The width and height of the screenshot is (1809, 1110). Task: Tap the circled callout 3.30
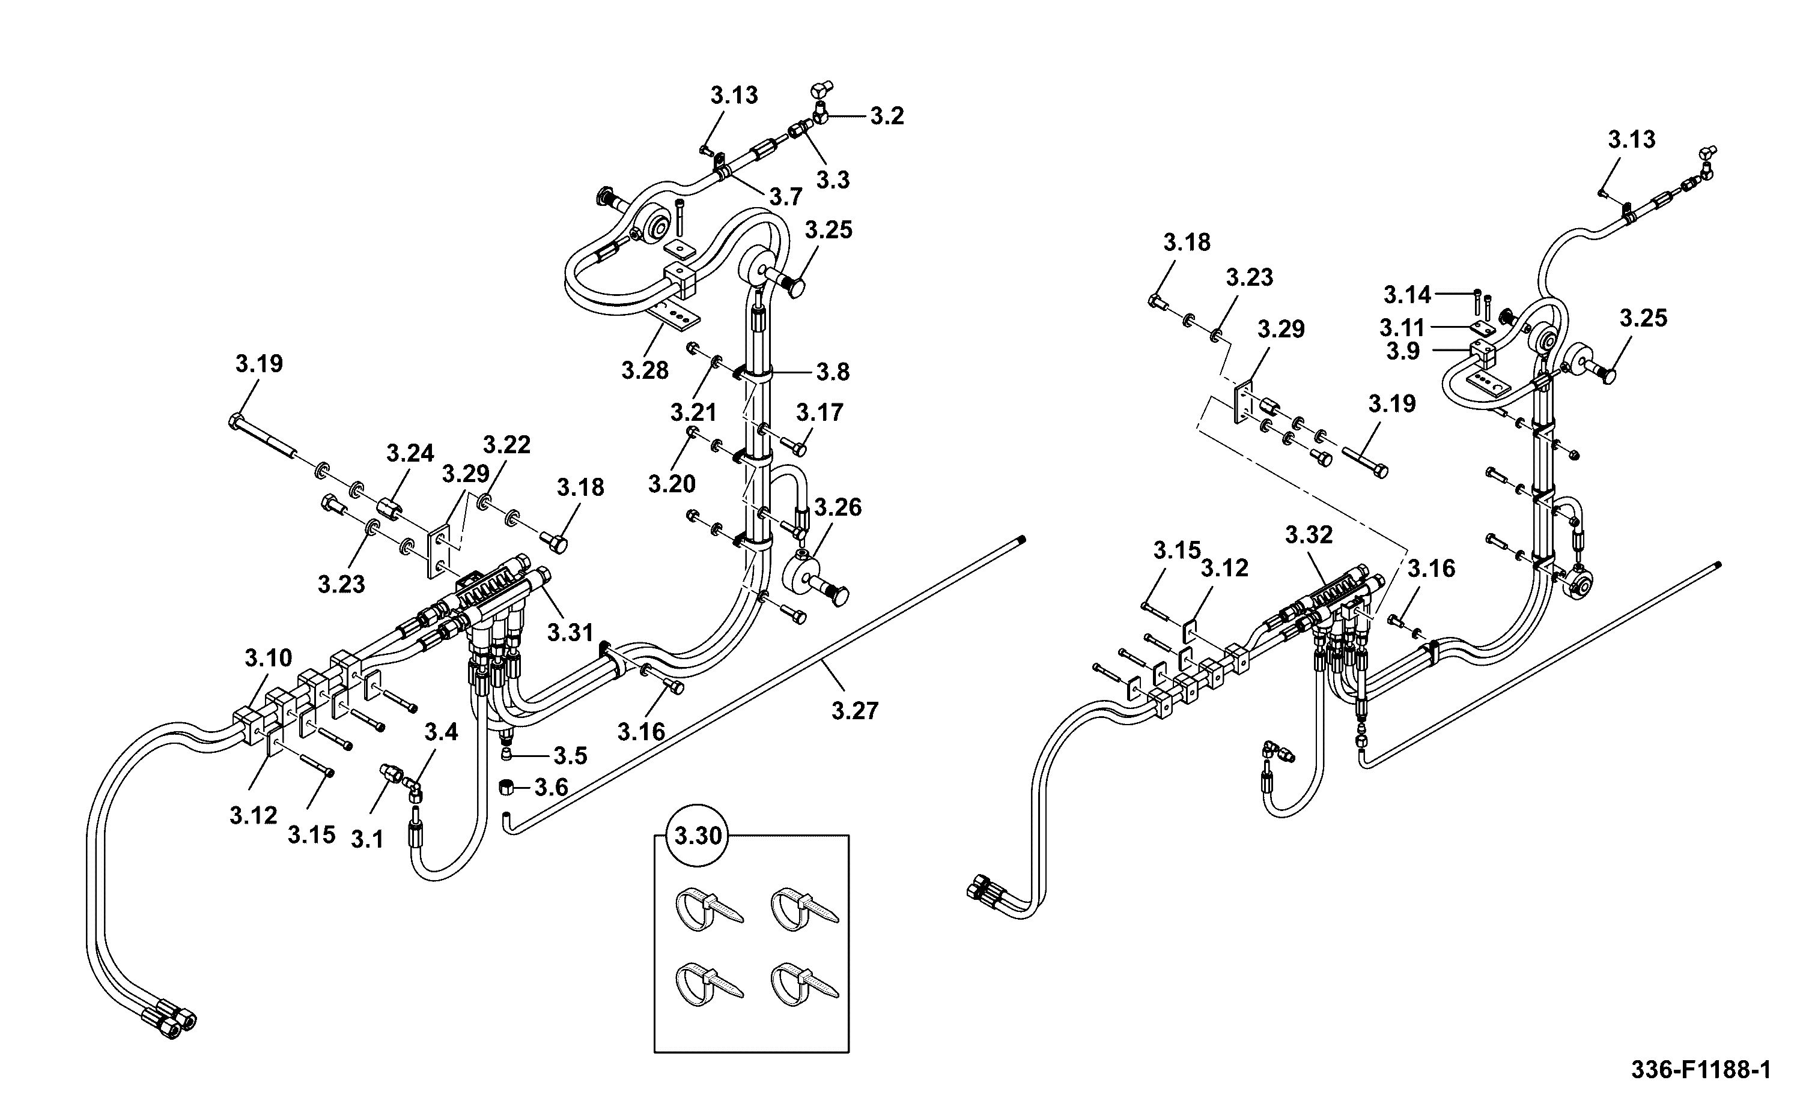pos(698,836)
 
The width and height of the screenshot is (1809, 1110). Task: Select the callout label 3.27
pos(855,711)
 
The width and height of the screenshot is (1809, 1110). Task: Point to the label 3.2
pos(887,116)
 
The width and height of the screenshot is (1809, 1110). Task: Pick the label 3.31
pos(571,632)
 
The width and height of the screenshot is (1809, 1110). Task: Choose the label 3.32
pos(1309,535)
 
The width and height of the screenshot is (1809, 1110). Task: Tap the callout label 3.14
pos(1407,295)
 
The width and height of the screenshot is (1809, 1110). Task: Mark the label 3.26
pos(838,507)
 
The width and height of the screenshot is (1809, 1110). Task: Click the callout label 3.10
pos(268,658)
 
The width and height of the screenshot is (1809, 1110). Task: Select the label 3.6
pos(551,788)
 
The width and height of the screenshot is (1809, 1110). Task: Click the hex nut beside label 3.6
pos(505,787)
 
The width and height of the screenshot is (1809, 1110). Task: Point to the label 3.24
pos(410,454)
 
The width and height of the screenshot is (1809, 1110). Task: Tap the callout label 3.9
pos(1403,352)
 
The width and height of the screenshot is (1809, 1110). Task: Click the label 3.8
pos(833,372)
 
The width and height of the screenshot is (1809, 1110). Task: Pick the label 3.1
pos(367,839)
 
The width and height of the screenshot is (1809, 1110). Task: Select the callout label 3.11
pos(1402,327)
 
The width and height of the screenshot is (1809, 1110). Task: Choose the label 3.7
pos(786,197)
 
